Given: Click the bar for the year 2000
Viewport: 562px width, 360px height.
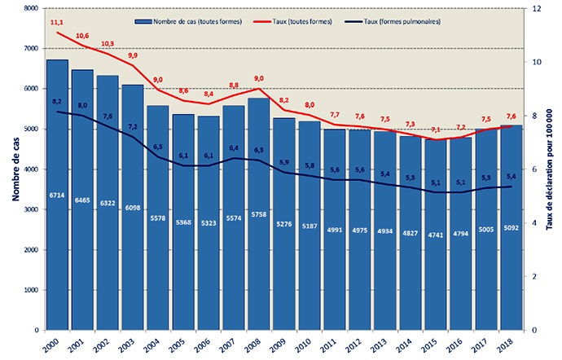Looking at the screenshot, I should [x=56, y=244].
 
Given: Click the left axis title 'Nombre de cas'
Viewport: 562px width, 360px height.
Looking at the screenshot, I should [x=13, y=169].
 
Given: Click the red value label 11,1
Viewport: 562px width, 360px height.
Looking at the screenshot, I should [x=57, y=23].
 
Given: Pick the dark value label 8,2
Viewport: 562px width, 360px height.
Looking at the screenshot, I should [x=57, y=101].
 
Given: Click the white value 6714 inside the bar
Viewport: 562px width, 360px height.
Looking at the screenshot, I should [x=56, y=196].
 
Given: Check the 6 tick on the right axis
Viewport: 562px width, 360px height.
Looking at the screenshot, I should [x=536, y=169].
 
